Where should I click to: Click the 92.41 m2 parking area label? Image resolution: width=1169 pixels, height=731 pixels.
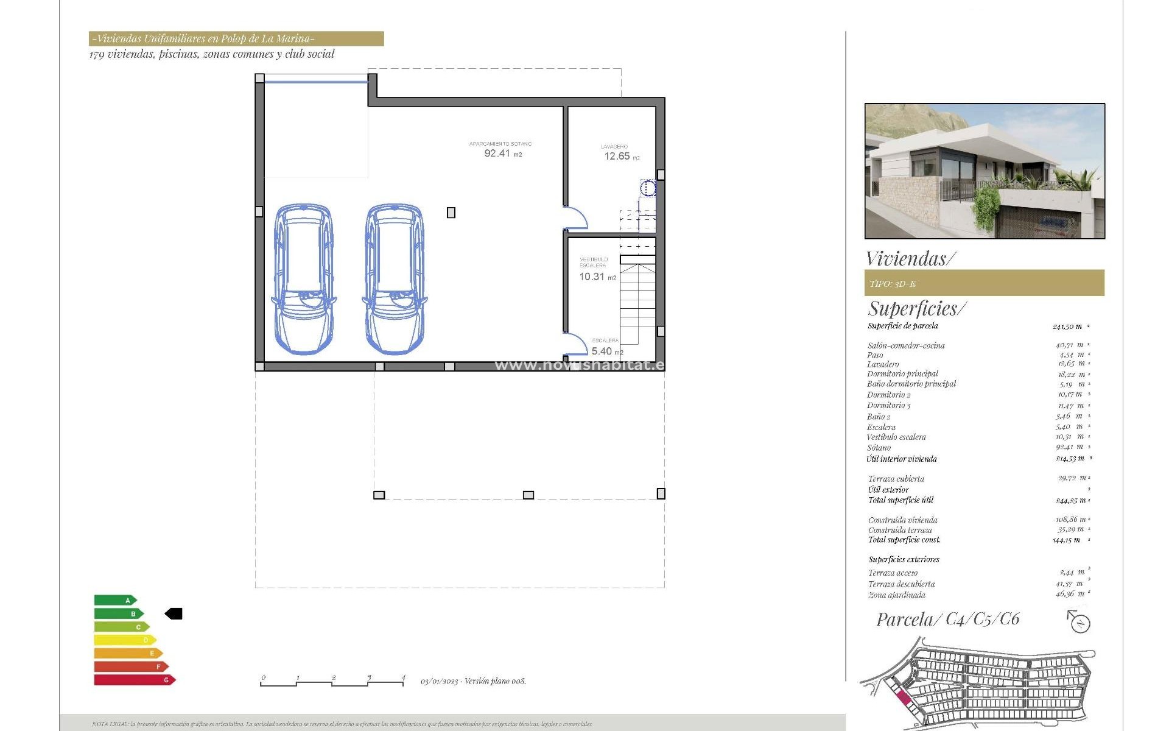[502, 153]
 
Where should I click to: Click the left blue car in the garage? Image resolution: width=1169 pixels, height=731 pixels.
[303, 279]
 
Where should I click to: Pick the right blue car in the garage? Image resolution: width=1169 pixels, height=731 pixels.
[394, 279]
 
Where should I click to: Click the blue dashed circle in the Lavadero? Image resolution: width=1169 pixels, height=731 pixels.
[648, 188]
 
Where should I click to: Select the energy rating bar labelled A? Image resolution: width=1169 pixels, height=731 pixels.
[115, 601]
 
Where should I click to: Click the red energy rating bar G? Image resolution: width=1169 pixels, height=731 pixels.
[134, 680]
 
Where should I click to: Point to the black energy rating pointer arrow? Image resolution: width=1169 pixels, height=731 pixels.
[174, 614]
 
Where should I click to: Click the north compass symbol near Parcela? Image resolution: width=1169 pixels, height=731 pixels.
[1079, 623]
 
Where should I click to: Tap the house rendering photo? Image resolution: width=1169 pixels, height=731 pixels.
[985, 171]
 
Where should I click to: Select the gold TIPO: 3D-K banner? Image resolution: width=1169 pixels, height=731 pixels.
[985, 283]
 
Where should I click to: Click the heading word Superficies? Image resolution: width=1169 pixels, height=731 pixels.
[916, 309]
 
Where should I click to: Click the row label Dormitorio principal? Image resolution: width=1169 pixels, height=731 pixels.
[902, 374]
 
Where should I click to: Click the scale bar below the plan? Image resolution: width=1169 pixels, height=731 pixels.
[332, 682]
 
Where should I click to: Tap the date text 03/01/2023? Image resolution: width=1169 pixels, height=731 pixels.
[439, 682]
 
